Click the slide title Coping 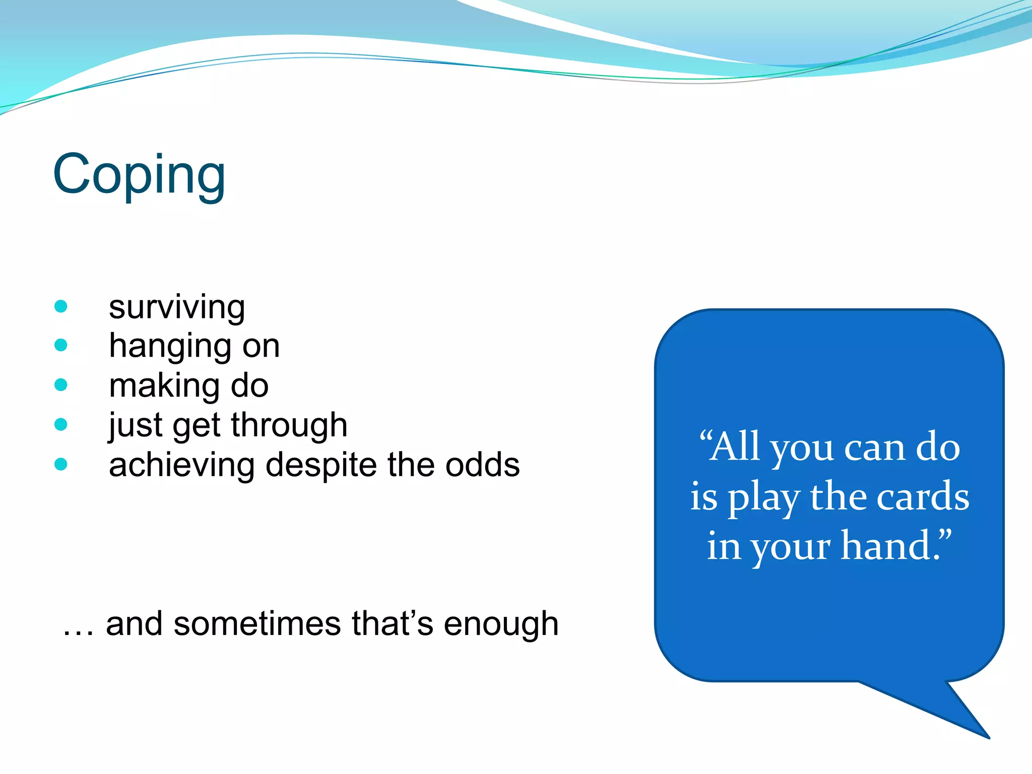(139, 175)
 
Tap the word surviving (177, 307)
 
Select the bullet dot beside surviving (61, 306)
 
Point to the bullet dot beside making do (61, 385)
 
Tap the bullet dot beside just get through (61, 424)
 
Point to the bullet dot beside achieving (61, 464)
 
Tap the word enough (501, 625)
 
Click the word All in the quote (734, 447)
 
